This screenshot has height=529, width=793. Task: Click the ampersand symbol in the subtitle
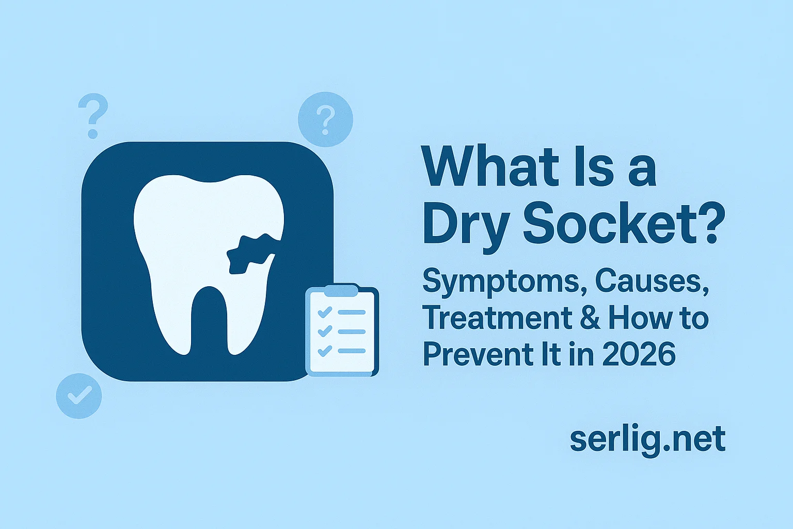(590, 318)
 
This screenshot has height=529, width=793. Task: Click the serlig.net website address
(647, 439)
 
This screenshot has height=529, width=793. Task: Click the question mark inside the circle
(325, 120)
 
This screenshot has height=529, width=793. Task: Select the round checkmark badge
(79, 396)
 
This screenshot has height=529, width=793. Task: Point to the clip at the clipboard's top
(341, 290)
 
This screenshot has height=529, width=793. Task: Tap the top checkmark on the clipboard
(325, 312)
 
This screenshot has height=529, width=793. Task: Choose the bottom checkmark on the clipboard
(325, 351)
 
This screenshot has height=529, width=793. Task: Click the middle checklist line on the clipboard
(352, 332)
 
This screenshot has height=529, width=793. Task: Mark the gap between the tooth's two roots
(209, 320)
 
